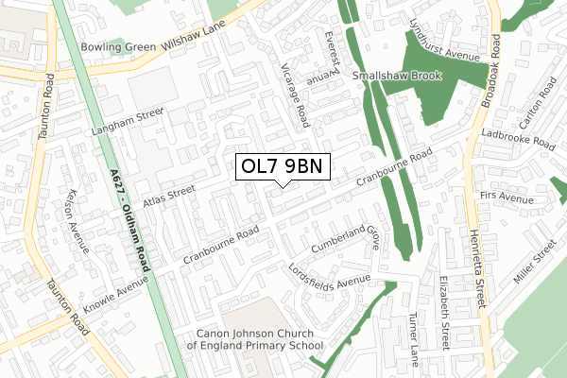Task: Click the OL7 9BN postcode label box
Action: tap(283, 167)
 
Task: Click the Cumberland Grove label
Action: tap(346, 236)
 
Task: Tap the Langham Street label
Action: tap(129, 121)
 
